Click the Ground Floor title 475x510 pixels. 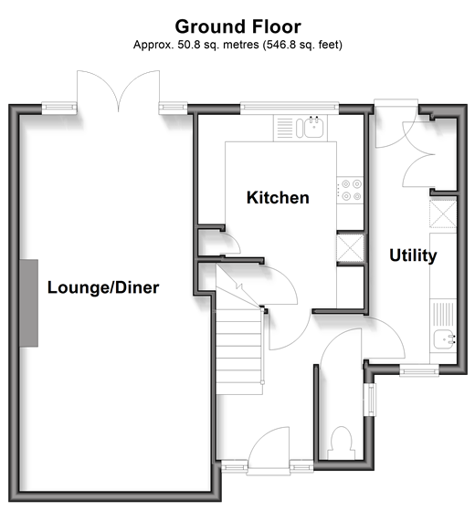point(237,26)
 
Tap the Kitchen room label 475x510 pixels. point(278,197)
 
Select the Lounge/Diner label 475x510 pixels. point(103,287)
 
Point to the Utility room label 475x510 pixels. point(413,255)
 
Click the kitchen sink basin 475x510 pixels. point(314,128)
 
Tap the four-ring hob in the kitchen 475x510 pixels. point(350,190)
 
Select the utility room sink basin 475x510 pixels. point(443,339)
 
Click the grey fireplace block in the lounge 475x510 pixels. point(28,303)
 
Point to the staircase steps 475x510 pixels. point(239,351)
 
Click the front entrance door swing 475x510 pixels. point(269,448)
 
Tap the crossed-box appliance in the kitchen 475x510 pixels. point(350,248)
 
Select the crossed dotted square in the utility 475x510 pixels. point(443,214)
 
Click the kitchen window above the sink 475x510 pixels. point(290,107)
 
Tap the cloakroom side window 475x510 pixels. point(370,400)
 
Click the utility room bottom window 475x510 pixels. point(419,370)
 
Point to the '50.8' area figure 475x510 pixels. point(188,45)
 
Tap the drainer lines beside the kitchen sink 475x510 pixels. point(285,128)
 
